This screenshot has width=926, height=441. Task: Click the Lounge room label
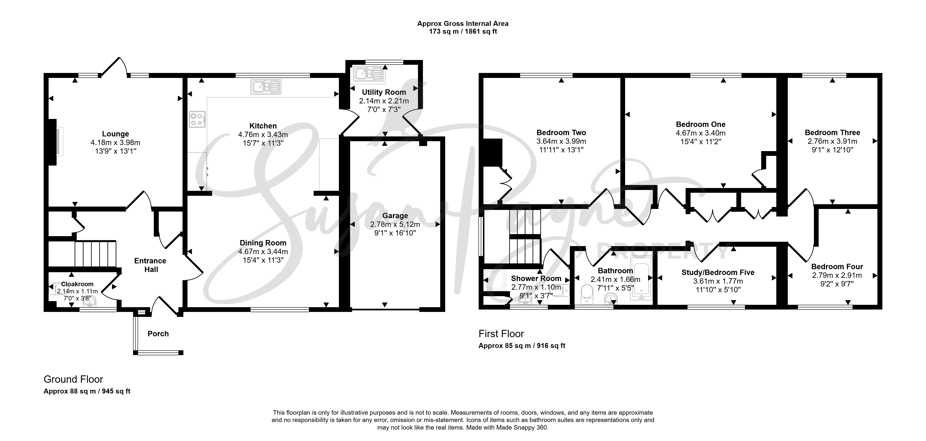pyautogui.click(x=115, y=134)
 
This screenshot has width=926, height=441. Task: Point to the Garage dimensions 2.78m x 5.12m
pyautogui.click(x=395, y=224)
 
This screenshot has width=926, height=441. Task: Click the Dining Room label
pyautogui.click(x=263, y=243)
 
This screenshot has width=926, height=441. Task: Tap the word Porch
pyautogui.click(x=158, y=334)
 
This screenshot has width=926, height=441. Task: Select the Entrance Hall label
pyautogui.click(x=151, y=265)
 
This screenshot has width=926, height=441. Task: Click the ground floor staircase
pyautogui.click(x=95, y=254)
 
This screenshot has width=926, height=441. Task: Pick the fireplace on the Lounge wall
pyautogui.click(x=56, y=142)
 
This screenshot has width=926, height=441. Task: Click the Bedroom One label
pyautogui.click(x=701, y=124)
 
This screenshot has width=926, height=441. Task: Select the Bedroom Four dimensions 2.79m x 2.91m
pyautogui.click(x=837, y=275)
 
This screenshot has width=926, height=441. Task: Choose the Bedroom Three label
pyautogui.click(x=832, y=133)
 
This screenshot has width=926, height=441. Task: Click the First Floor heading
pyautogui.click(x=501, y=334)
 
